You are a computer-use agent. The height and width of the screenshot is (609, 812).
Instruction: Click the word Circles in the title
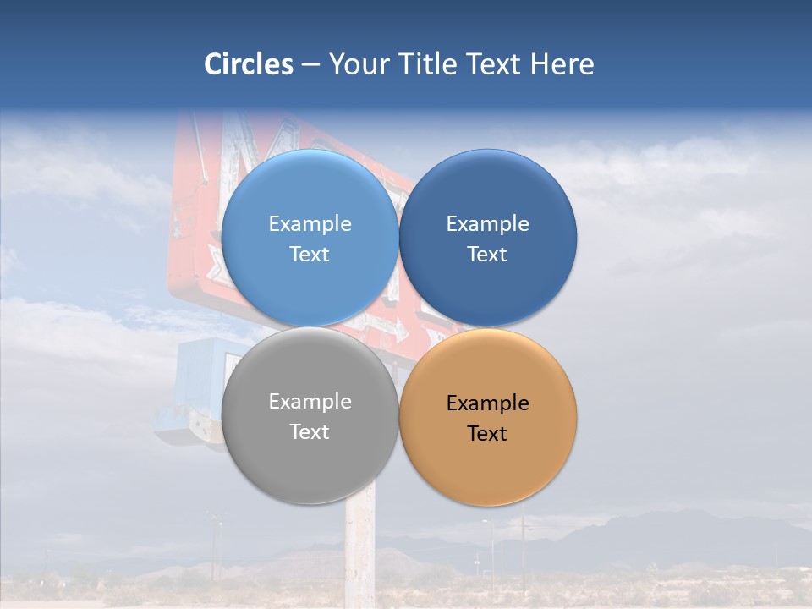tap(249, 64)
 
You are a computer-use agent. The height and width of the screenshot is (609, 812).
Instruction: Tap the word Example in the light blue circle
tap(310, 223)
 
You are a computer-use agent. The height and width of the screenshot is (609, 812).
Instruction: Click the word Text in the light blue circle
tap(310, 254)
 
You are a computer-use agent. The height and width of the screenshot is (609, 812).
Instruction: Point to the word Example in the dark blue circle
tap(488, 223)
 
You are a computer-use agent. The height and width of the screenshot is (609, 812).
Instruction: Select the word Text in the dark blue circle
tap(488, 254)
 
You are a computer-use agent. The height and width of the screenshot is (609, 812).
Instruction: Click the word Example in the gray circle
tap(310, 401)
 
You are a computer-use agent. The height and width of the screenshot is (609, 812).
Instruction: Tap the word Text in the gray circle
tap(310, 431)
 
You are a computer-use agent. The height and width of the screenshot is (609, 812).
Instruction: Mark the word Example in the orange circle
tap(488, 403)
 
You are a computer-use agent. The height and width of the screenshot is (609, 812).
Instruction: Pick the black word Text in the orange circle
tap(488, 433)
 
